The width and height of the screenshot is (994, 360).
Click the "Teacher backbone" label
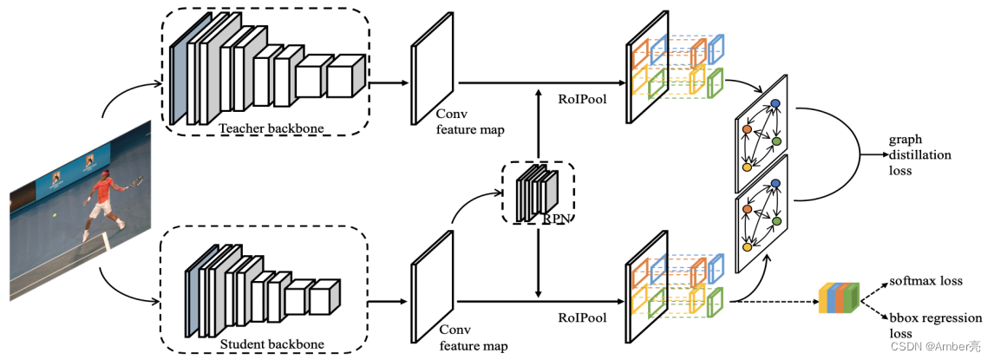coord(271,129)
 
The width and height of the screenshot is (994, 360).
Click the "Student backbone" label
coord(271,344)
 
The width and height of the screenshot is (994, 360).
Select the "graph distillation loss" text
coord(919,155)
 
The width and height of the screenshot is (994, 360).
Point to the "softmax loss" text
coord(926,282)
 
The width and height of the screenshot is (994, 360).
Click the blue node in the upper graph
coord(775,104)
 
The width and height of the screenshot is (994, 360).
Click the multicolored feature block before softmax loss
coord(838,297)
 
